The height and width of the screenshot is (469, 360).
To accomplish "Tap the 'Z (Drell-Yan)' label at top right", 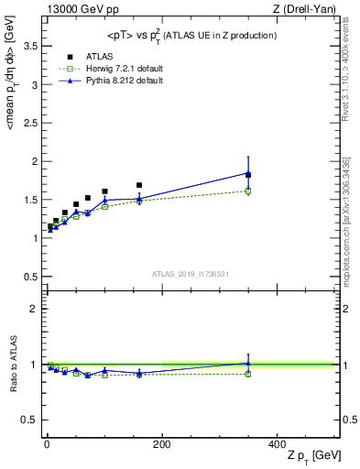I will [x=308, y=9].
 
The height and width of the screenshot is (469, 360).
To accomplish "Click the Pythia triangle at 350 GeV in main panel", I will [x=248, y=172].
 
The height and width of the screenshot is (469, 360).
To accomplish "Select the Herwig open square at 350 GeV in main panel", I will [x=248, y=191].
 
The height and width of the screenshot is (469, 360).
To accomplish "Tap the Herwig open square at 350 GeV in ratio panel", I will [x=248, y=374].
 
